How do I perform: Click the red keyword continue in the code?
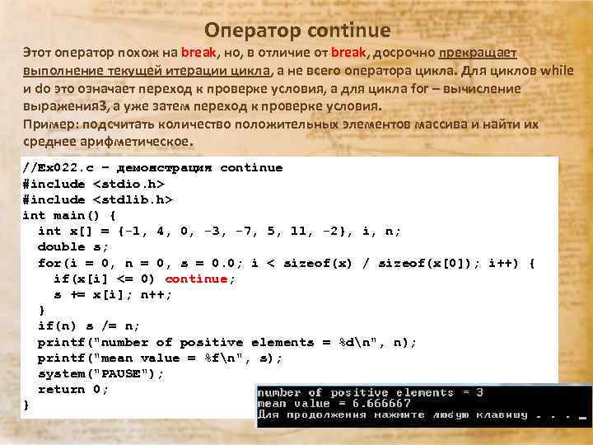click(x=195, y=279)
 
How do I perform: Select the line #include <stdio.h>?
click(x=93, y=184)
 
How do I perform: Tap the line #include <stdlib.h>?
click(x=97, y=199)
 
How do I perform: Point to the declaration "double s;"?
click(x=73, y=246)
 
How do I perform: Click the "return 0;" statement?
click(x=73, y=389)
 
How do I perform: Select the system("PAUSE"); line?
click(x=101, y=373)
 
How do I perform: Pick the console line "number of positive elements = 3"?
click(x=371, y=393)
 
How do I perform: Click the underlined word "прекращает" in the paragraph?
click(x=477, y=54)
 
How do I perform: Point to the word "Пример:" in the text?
click(x=49, y=124)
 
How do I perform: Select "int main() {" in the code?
click(x=69, y=215)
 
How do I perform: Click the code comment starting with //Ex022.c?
click(x=152, y=168)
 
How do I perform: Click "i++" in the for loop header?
click(x=505, y=263)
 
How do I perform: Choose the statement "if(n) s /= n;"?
click(x=89, y=326)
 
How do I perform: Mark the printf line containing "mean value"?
click(x=160, y=358)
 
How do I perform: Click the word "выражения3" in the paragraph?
click(x=65, y=106)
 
